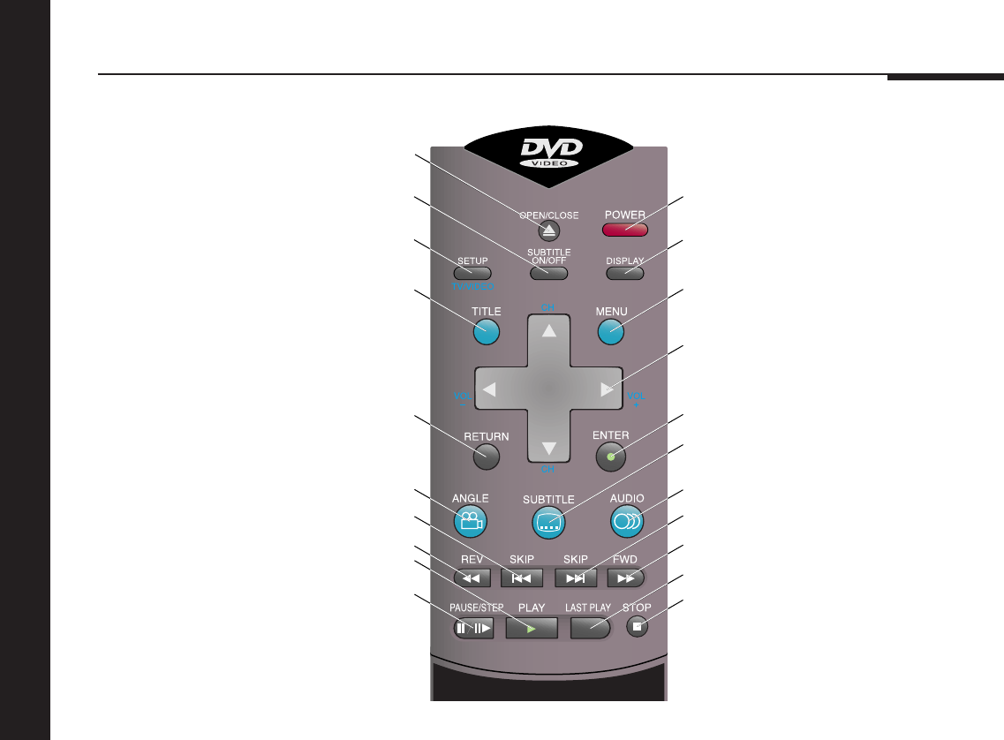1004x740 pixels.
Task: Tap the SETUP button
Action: coord(472,274)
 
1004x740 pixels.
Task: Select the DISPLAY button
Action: coord(624,274)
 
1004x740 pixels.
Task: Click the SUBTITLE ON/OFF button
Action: coord(548,274)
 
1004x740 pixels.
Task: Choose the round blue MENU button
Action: coord(611,331)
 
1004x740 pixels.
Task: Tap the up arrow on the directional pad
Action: coord(549,331)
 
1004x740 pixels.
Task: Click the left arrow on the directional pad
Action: coord(490,389)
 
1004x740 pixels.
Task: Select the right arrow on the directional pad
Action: coord(607,389)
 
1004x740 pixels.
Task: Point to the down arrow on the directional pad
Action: coord(549,444)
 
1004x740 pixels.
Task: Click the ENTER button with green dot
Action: coord(611,457)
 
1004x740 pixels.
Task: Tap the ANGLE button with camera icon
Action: coord(472,521)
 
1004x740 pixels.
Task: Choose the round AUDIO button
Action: coord(627,521)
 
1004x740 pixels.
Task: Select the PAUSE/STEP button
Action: coord(473,628)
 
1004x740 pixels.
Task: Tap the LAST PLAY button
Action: coord(590,628)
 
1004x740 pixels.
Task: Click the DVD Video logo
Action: coord(548,155)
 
